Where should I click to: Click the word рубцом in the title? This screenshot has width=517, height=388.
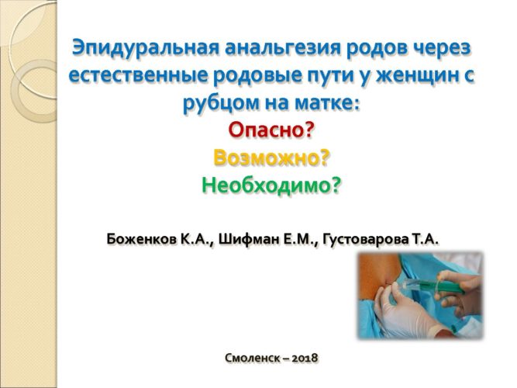click(x=221, y=103)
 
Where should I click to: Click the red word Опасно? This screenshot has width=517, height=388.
click(x=271, y=130)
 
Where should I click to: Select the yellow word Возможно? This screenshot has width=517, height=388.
click(x=271, y=158)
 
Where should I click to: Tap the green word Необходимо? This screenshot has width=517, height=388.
click(x=271, y=185)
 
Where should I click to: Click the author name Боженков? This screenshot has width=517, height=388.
click(x=142, y=239)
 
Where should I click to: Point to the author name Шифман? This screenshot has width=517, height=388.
click(x=250, y=239)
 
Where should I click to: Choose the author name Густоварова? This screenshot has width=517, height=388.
click(x=364, y=240)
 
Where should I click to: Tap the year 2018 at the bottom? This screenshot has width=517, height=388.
click(x=305, y=358)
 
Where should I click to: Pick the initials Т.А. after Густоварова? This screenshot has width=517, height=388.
click(x=425, y=239)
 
